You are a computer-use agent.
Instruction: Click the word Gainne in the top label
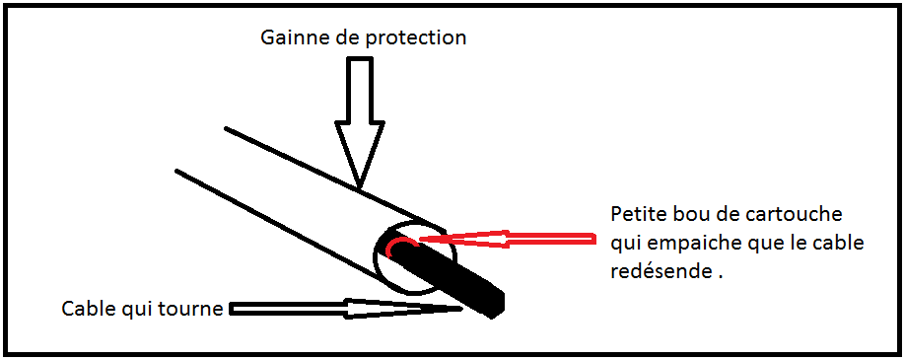click(289, 37)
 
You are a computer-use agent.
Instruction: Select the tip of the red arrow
click(422, 237)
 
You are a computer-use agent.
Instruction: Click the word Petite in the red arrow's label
click(637, 214)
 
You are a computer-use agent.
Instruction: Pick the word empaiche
click(686, 244)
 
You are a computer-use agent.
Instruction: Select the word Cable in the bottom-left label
click(85, 309)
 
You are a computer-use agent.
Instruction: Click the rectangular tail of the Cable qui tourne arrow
click(286, 309)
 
